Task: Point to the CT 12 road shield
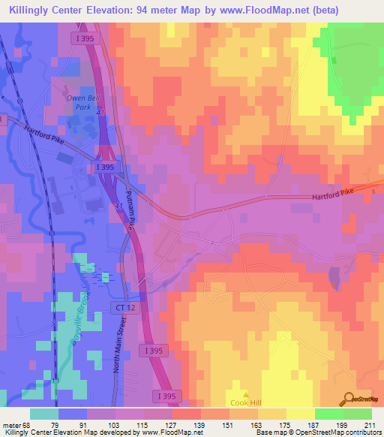click(124, 308)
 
